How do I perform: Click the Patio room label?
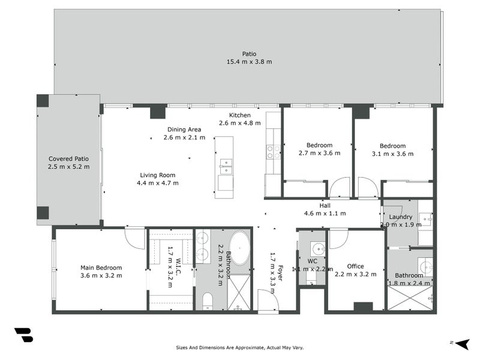tap(249, 54)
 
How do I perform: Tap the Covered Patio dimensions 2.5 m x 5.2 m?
tap(68, 167)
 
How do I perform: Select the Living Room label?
tap(158, 175)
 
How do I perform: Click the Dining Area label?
tap(184, 130)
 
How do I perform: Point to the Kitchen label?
tap(239, 115)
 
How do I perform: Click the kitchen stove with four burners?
tap(274, 152)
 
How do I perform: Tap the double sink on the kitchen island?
tap(226, 167)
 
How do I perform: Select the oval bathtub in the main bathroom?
tap(239, 248)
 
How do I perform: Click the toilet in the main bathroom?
tap(208, 301)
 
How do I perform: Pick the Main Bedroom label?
tap(101, 268)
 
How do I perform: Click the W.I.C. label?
tap(178, 266)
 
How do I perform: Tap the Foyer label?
tap(280, 273)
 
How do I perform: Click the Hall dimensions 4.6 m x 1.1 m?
tap(325, 214)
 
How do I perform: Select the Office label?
tap(355, 266)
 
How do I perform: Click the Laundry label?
tap(400, 217)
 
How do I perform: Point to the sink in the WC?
tap(317, 249)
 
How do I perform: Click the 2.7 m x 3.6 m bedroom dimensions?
tap(319, 153)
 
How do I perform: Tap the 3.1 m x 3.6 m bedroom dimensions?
tap(392, 154)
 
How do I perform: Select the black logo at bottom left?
tap(24, 335)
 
